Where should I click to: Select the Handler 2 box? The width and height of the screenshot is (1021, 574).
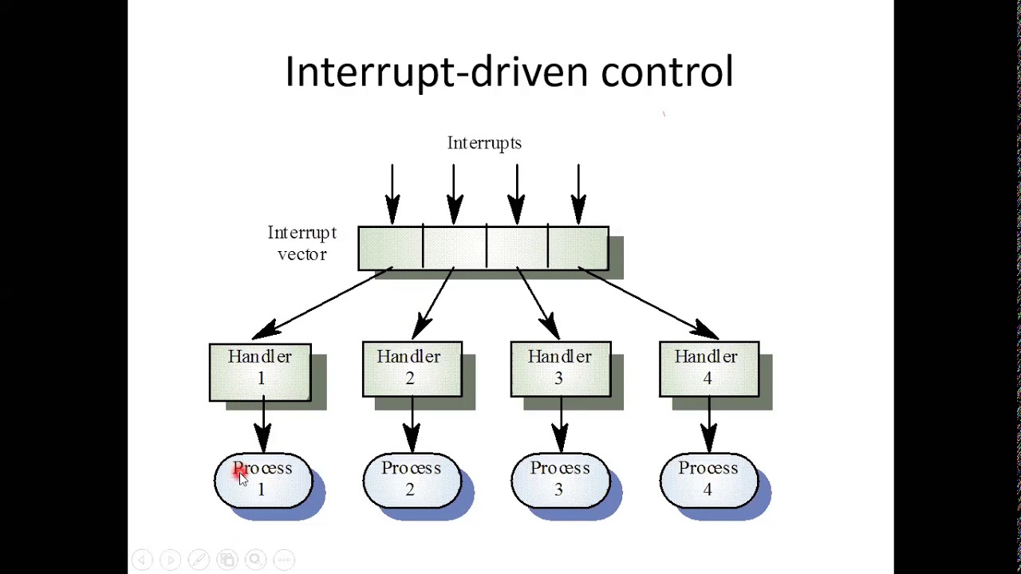[412, 369]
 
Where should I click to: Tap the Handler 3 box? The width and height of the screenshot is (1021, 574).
[560, 369]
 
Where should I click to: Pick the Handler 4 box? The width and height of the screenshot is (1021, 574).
[708, 369]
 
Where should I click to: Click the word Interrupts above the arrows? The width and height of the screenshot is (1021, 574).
[484, 143]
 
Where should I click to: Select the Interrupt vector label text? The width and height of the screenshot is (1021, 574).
[302, 243]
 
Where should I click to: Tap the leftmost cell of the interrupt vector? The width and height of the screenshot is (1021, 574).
[390, 249]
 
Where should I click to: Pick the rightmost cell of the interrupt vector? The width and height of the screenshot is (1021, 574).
[578, 249]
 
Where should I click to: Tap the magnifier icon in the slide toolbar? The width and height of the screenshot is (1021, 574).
[255, 560]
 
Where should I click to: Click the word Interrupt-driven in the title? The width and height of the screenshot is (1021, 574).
[435, 72]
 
